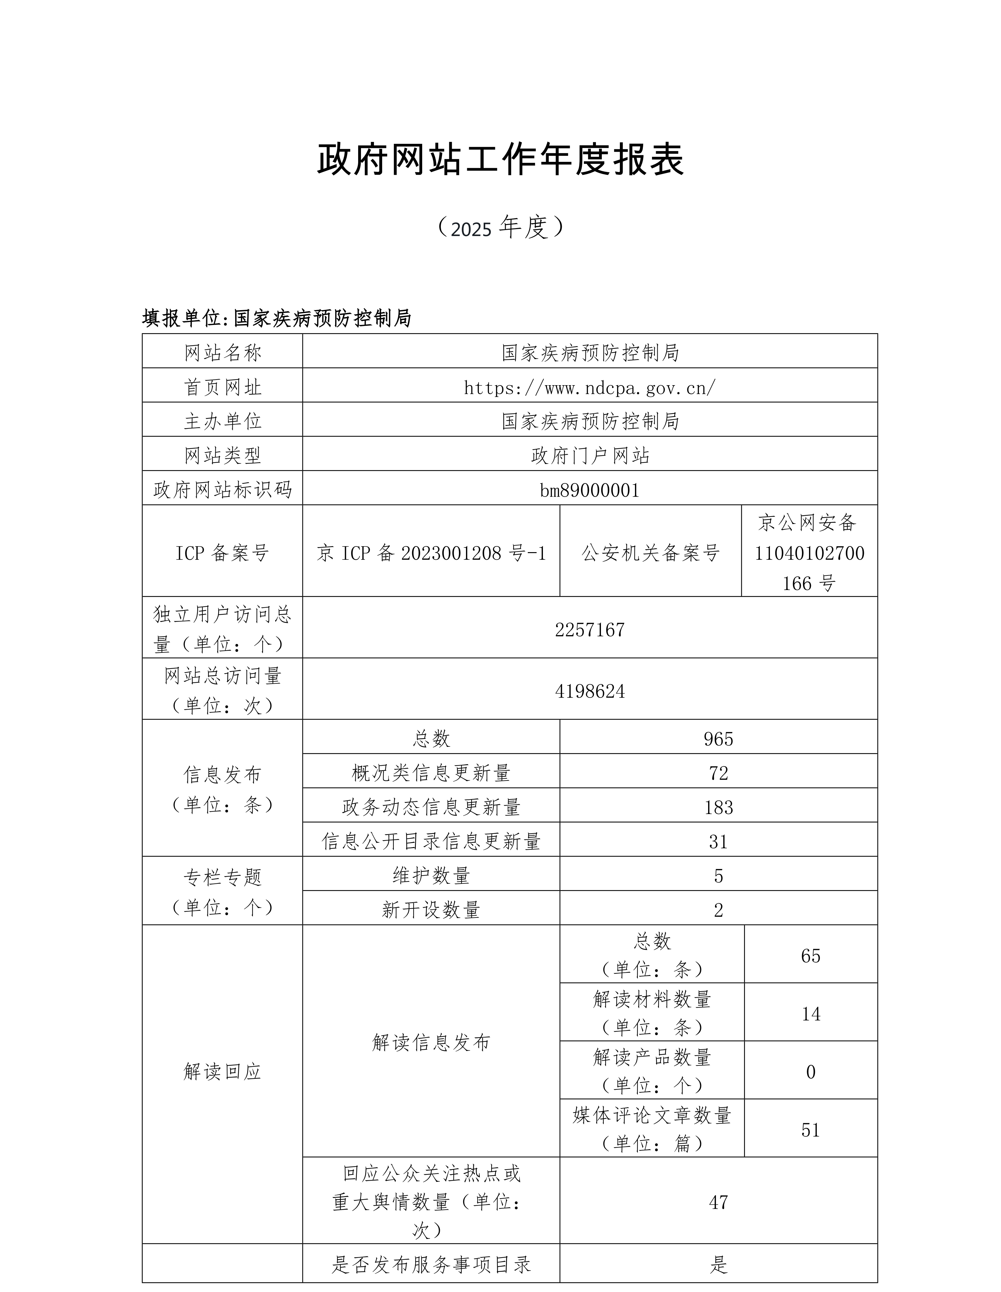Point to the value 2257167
[590, 629]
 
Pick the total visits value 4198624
[590, 691]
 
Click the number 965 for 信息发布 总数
[719, 739]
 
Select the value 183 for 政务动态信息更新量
[719, 807]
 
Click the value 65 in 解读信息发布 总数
[811, 956]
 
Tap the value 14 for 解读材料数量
[811, 1014]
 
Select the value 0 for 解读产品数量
[811, 1072]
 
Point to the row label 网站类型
[222, 456]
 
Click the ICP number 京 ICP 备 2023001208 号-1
[431, 553]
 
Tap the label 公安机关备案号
[650, 553]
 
